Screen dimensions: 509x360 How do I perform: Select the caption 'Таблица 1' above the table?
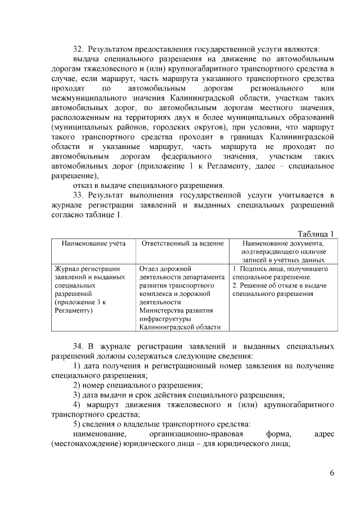[316, 234]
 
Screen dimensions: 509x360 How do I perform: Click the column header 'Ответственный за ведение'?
[182, 244]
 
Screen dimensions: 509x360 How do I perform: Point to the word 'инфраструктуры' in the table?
[166, 318]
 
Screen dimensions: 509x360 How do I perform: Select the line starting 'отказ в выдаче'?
[148, 185]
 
